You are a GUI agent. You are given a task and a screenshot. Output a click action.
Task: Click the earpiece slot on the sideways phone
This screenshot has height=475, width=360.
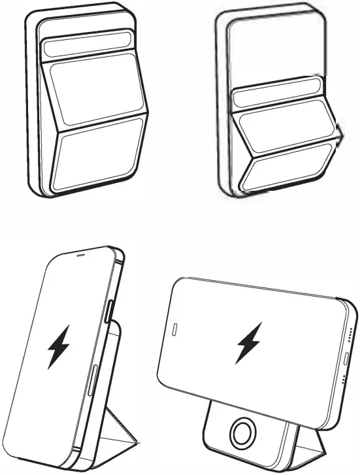(174, 327)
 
